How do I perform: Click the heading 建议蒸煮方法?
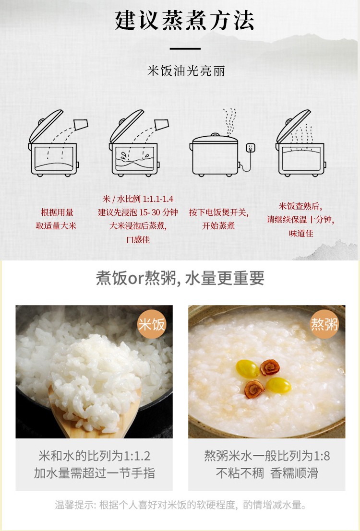tap(184, 20)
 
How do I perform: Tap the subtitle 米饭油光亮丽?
tap(186, 71)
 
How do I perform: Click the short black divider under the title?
tap(185, 49)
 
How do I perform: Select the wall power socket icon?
tap(250, 148)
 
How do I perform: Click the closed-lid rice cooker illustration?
tap(215, 155)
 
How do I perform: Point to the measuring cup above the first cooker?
tap(81, 125)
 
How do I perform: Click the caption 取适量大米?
tap(56, 226)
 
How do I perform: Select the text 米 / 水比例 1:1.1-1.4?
tap(138, 199)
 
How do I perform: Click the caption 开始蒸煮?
tap(219, 226)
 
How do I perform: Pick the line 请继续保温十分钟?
tap(300, 219)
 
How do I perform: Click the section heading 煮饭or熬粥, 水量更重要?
tap(180, 278)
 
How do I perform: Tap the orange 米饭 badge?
tap(152, 324)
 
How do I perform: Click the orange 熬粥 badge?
tap(324, 324)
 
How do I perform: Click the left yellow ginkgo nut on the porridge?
tap(248, 368)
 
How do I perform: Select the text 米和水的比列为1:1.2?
tap(94, 456)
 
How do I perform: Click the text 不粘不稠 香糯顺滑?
tap(267, 473)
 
